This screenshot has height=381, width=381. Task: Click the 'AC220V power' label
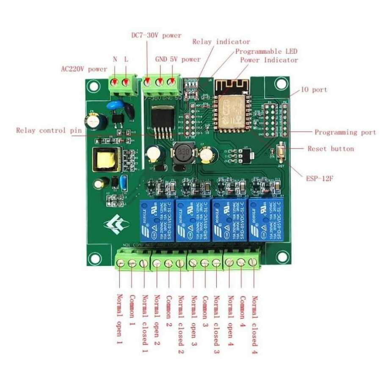[x=84, y=69]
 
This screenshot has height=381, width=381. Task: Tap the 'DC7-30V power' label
[x=156, y=35]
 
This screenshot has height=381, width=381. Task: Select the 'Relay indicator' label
[x=221, y=42]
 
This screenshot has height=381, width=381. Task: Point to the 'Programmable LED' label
[x=266, y=51]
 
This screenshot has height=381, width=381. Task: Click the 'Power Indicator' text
[x=269, y=60]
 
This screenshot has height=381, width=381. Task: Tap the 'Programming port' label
[x=345, y=132]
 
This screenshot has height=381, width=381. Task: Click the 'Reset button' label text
[x=331, y=149]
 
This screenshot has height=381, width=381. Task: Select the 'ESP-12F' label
[x=320, y=179]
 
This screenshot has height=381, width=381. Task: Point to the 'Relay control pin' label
[x=49, y=130]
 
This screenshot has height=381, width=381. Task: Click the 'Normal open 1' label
[x=119, y=317]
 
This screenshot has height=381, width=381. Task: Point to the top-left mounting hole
[x=93, y=86]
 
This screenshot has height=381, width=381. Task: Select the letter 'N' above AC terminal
[x=115, y=59]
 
